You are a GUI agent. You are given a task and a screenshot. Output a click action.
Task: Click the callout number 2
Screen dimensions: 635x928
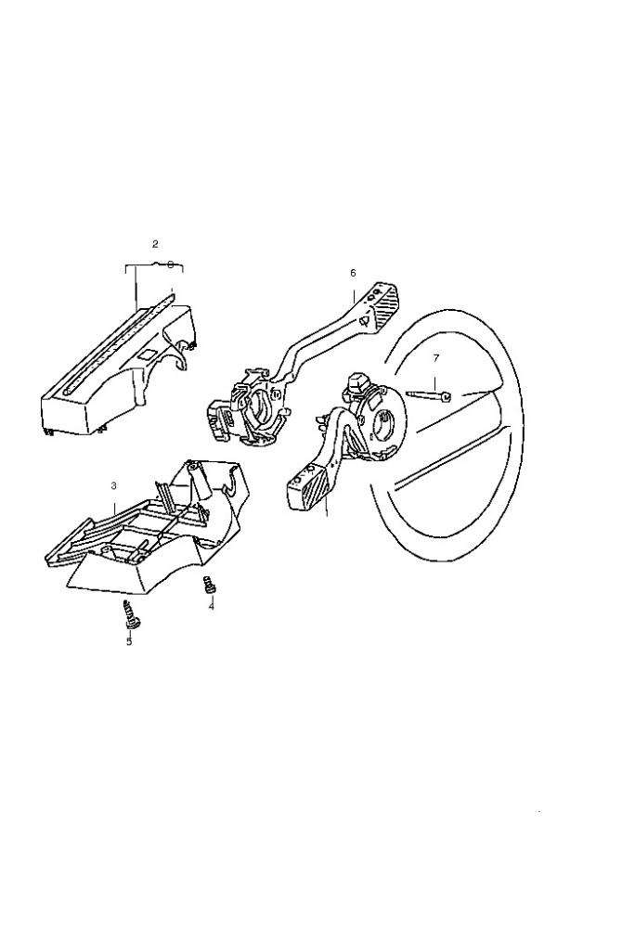coord(155,243)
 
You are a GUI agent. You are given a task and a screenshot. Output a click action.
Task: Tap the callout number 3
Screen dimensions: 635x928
coord(113,486)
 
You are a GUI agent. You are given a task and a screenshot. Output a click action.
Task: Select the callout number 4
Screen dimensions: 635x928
coord(212,606)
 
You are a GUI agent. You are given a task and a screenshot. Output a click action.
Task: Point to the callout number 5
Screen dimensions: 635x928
coord(129,641)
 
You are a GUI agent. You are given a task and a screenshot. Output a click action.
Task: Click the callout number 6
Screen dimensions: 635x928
coord(354,273)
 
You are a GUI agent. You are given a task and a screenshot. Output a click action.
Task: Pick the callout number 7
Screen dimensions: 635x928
coord(436,358)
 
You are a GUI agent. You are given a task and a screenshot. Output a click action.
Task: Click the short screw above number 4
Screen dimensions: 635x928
coord(208,584)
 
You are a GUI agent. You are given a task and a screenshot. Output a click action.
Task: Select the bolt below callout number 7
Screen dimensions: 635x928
coord(429,394)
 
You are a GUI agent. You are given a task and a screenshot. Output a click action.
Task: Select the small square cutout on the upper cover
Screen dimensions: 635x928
coord(148,356)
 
